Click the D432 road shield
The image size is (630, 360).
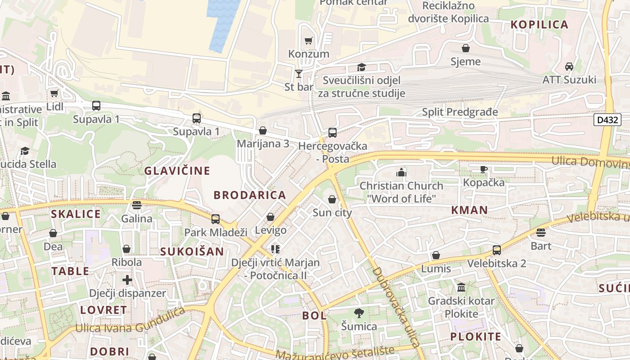click(607, 120)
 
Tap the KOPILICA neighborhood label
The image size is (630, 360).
click(540, 25)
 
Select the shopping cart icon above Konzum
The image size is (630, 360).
click(308, 41)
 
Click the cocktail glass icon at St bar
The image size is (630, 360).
click(298, 73)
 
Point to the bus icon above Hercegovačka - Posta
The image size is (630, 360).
click(332, 132)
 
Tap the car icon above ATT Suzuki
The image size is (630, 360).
click(569, 67)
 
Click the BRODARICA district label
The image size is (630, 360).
click(250, 195)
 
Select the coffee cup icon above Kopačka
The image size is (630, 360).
click(483, 169)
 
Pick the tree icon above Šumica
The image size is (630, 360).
click(359, 313)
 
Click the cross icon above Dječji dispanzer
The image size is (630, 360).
click(127, 279)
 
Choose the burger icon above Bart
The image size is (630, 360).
click(541, 232)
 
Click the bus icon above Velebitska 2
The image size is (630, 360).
click(496, 250)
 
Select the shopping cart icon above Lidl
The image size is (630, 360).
click(54, 93)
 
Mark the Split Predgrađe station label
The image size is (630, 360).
click(460, 112)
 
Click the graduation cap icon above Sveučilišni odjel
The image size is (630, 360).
click(361, 67)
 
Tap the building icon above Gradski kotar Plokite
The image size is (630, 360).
click(461, 287)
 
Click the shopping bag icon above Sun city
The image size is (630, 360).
click(332, 199)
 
